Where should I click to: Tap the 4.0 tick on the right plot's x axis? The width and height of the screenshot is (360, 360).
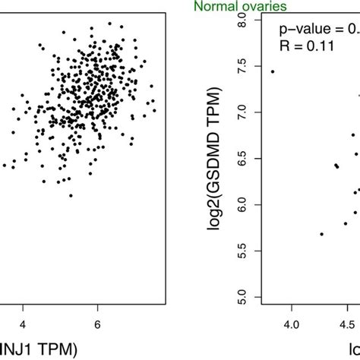(x=292, y=325)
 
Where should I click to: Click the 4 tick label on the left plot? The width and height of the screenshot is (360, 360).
(x=23, y=325)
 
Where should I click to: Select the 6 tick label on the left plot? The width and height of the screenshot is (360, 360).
(x=97, y=325)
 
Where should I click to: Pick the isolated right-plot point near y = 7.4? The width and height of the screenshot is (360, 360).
(x=273, y=71)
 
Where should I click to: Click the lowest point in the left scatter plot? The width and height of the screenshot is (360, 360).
(x=71, y=195)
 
